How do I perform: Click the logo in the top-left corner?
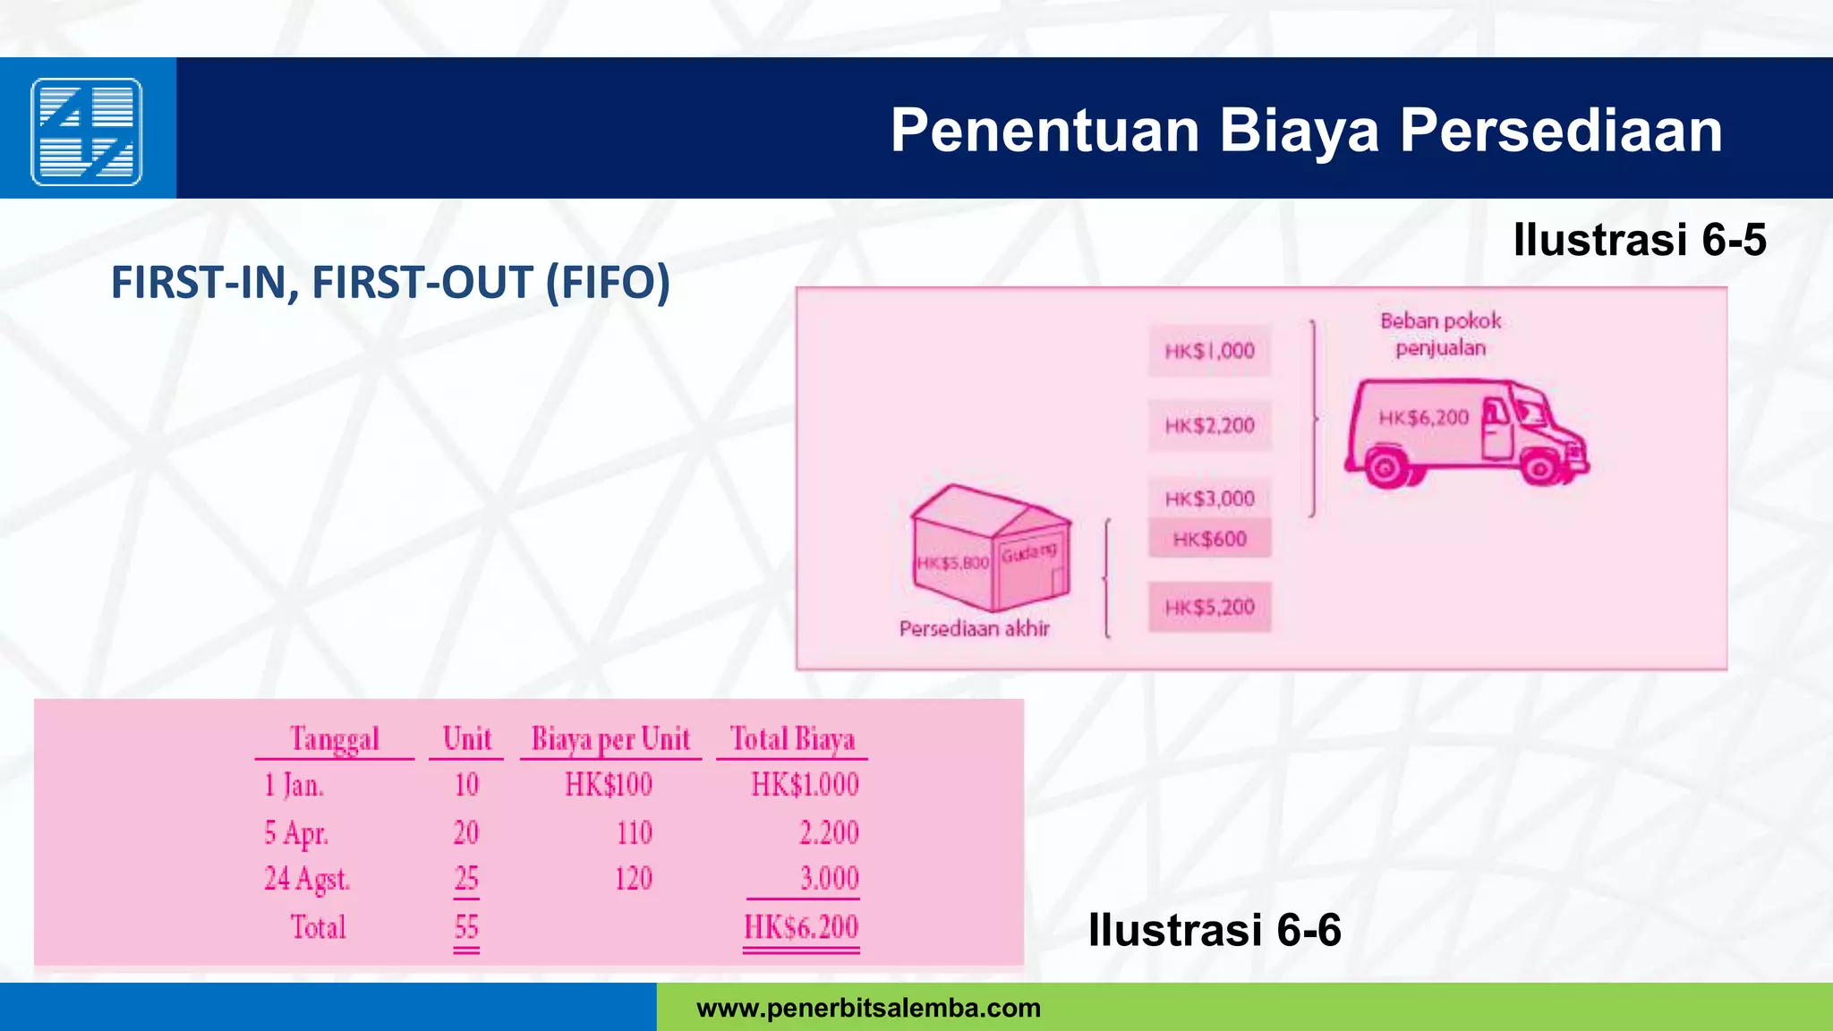pos(87,132)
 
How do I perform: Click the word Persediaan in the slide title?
pos(1561,131)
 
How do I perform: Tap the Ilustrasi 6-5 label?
pos(1639,240)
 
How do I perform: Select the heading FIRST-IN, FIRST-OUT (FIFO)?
pos(390,283)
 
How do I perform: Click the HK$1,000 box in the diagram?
pos(1209,351)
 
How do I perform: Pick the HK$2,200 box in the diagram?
pos(1209,425)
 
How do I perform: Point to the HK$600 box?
pos(1209,539)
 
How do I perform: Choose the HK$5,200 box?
pos(1209,608)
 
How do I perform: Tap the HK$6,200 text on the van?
pos(1423,418)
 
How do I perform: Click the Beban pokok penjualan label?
pos(1440,334)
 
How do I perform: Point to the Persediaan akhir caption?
pos(974,629)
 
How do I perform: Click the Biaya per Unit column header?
pos(610,739)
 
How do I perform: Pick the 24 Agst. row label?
pos(306,879)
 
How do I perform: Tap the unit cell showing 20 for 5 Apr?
pos(465,833)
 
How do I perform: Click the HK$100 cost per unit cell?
pos(608,785)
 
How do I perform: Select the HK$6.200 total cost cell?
pos(801,927)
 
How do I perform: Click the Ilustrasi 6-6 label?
pos(1214,930)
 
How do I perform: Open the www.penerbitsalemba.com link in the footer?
pos(868,1009)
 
